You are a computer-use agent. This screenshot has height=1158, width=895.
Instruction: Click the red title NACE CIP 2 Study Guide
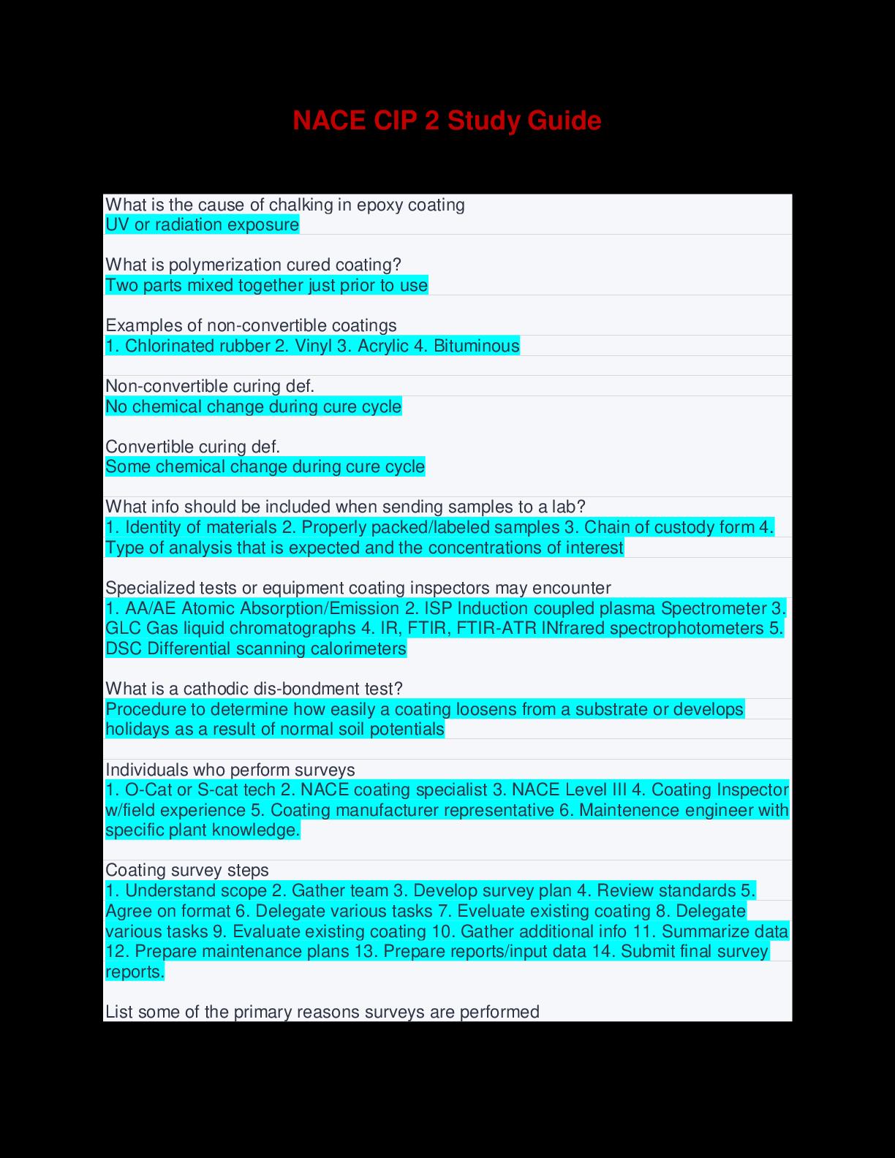447,121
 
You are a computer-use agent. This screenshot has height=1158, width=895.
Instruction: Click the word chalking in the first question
301,204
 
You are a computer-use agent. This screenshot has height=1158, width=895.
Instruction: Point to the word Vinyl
313,346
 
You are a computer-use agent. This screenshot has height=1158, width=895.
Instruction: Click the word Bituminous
476,346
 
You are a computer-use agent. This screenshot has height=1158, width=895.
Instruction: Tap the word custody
679,527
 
